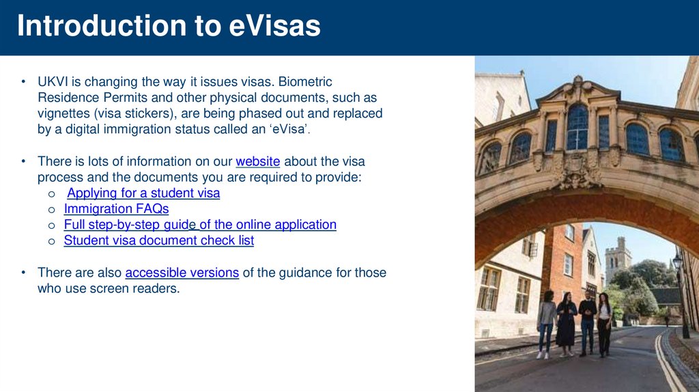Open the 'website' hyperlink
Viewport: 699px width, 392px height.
point(257,162)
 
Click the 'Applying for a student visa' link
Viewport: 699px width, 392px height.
point(143,193)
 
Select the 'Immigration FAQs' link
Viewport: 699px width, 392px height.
point(116,209)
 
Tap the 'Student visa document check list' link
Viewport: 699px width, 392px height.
point(158,240)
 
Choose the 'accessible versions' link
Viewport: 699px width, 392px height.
point(182,273)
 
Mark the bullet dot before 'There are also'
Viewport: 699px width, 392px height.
point(23,273)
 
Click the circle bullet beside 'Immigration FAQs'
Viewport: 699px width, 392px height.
point(51,210)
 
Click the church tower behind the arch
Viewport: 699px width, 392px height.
point(618,256)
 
